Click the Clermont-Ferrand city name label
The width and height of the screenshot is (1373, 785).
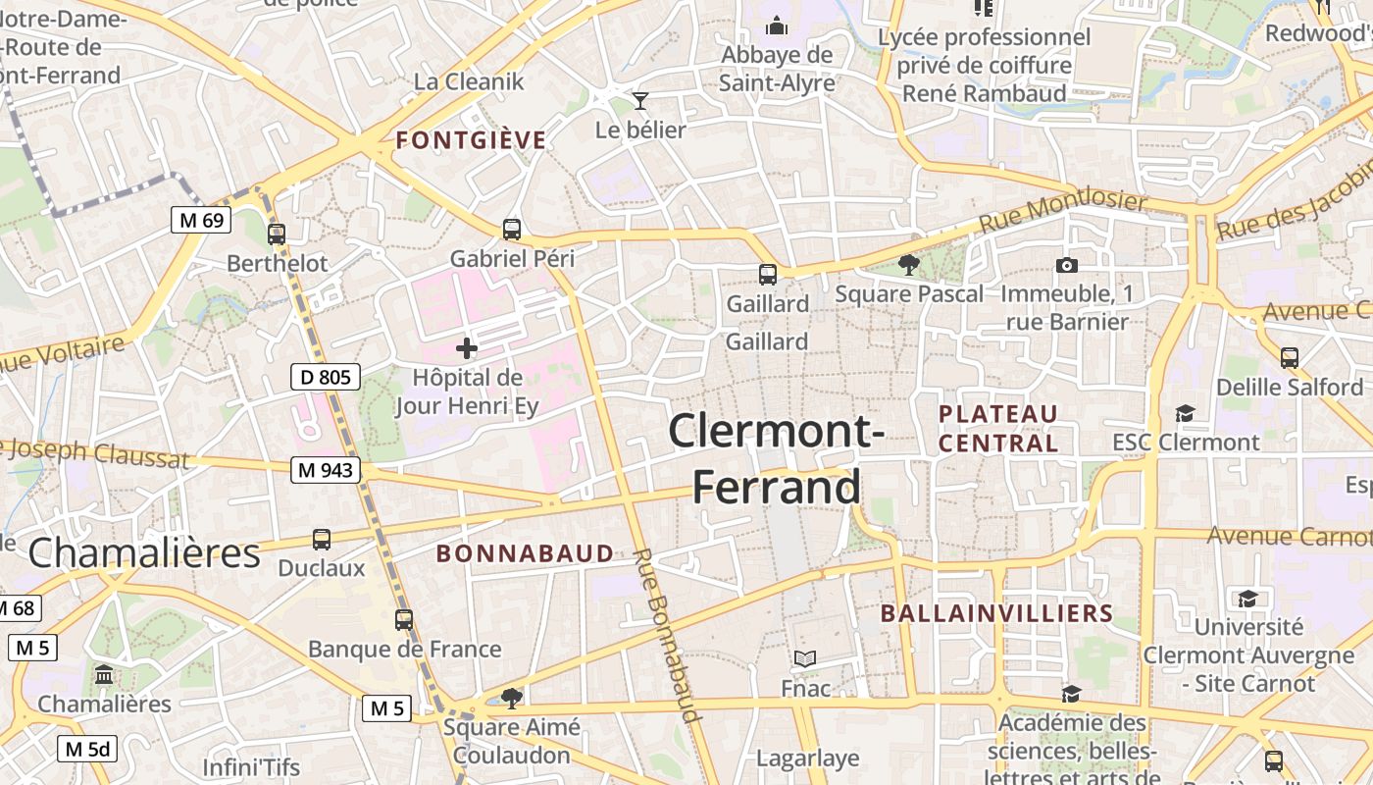point(777,458)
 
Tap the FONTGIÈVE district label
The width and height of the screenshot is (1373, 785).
point(471,140)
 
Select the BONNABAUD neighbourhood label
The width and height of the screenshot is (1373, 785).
point(525,553)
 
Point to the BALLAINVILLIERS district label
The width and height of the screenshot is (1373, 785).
point(996,614)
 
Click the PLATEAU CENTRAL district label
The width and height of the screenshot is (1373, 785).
point(998,429)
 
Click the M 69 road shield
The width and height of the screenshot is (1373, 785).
point(201,220)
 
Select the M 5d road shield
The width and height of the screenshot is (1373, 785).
point(87,750)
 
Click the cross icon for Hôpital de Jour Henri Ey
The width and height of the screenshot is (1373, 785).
point(467,347)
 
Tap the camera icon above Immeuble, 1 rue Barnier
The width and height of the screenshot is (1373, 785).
point(1067,265)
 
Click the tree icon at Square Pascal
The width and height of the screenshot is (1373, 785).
point(909,264)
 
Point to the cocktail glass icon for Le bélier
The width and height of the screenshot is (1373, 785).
point(640,100)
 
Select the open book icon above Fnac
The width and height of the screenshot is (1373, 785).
point(805,658)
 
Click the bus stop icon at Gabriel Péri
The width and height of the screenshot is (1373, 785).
point(512,230)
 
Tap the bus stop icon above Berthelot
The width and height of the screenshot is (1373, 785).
point(277,234)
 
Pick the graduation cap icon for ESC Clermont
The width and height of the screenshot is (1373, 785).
point(1185,413)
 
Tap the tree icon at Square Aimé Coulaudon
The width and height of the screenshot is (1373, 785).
point(511,698)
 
